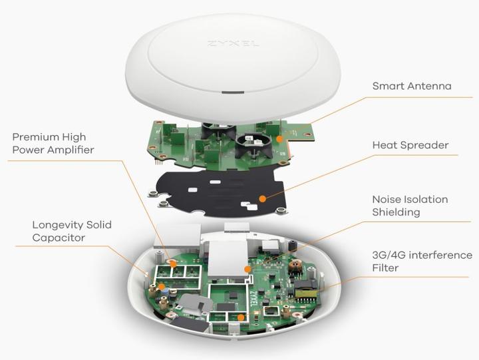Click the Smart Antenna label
tap(412, 86)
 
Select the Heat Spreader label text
tap(410, 145)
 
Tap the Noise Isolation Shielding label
tap(410, 206)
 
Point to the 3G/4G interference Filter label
tap(422, 262)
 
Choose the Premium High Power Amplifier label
tap(53, 144)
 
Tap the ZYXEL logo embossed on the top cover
tap(232, 44)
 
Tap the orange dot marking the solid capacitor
tap(162, 288)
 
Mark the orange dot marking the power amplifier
tap(175, 264)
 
